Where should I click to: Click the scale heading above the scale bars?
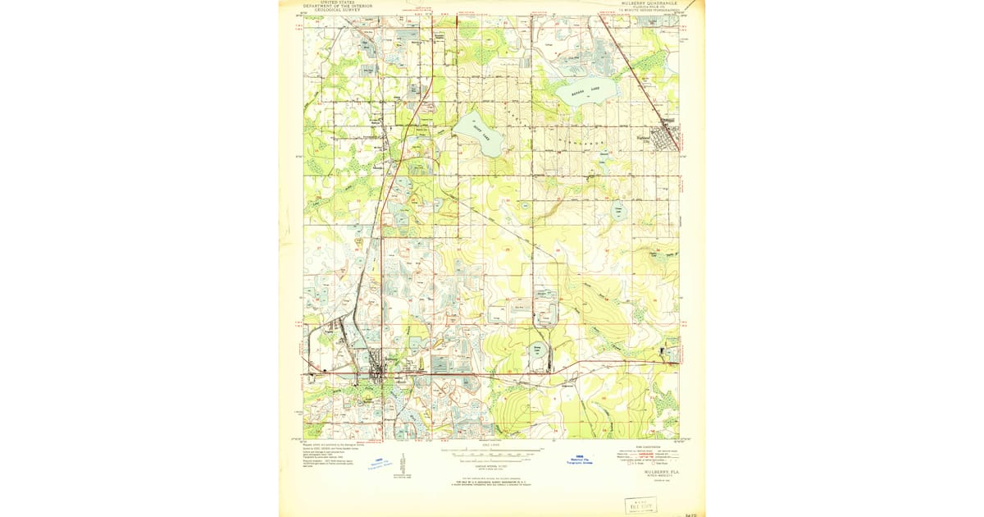tap(490, 444)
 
